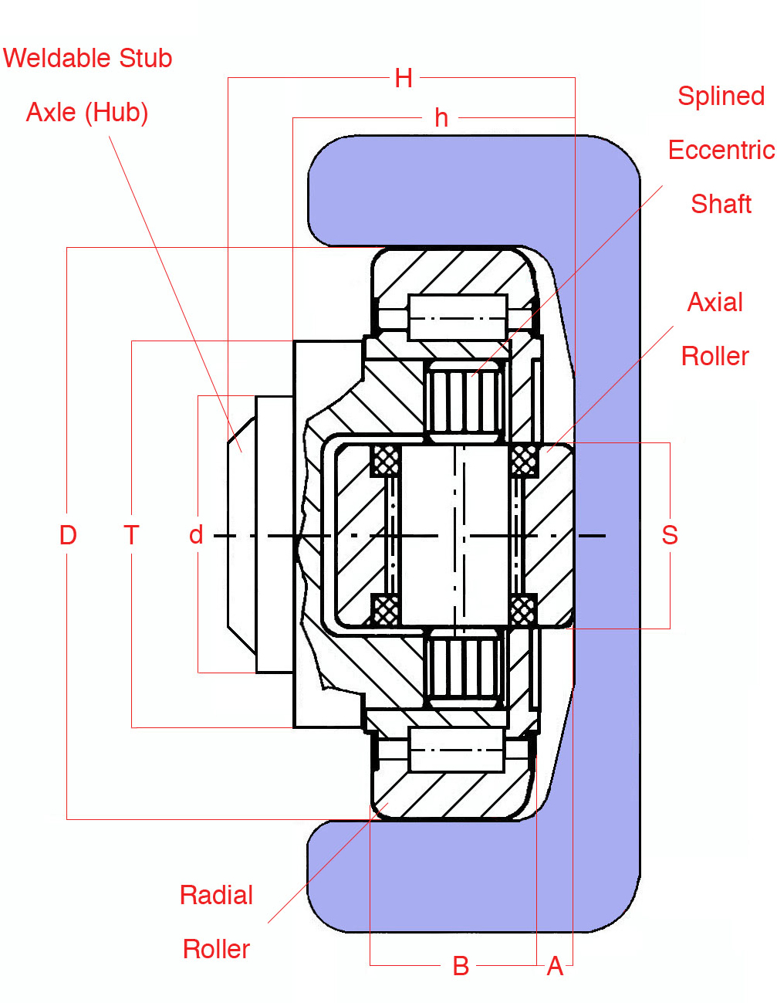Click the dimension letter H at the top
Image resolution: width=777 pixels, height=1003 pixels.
pyautogui.click(x=404, y=78)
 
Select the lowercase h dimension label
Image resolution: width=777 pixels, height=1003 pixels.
pyautogui.click(x=441, y=118)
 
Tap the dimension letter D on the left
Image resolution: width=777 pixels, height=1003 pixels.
pyautogui.click(x=68, y=535)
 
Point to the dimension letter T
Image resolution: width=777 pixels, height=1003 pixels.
pyautogui.click(x=131, y=535)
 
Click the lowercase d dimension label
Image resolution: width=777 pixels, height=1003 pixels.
pyautogui.click(x=196, y=535)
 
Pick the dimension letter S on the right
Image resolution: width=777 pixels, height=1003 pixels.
pyautogui.click(x=670, y=535)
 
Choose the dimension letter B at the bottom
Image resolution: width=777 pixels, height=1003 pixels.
pyautogui.click(x=461, y=966)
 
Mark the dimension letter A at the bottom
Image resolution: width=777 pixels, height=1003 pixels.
pyautogui.click(x=555, y=966)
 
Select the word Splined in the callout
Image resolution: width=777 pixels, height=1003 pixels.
pyautogui.click(x=721, y=96)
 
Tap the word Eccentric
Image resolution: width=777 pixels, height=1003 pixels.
pyautogui.click(x=721, y=150)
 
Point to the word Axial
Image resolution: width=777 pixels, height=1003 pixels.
pyautogui.click(x=715, y=302)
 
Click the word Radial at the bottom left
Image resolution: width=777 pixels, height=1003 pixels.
pyautogui.click(x=216, y=895)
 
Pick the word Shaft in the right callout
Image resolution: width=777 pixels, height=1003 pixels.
pyautogui.click(x=721, y=204)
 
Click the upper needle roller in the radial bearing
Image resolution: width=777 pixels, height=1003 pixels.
pyautogui.click(x=458, y=317)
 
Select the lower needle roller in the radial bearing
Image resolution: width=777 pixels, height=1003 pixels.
pyautogui.click(x=457, y=750)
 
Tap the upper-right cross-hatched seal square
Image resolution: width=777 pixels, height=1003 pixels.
pyautogui.click(x=524, y=461)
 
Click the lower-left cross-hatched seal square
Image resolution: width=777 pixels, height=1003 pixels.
pyautogui.click(x=385, y=610)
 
